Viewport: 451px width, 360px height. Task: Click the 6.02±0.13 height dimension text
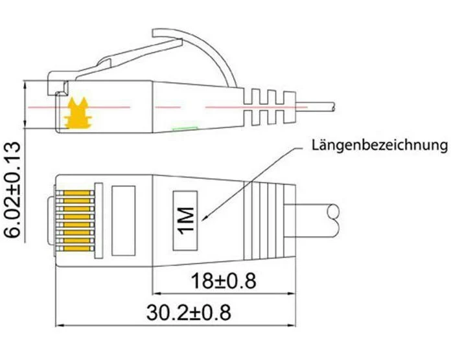pyautogui.click(x=12, y=190)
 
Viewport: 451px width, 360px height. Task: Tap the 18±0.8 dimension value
pyautogui.click(x=224, y=281)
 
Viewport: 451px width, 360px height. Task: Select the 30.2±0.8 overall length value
pyautogui.click(x=189, y=313)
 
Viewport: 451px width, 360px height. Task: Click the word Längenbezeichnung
pyautogui.click(x=380, y=145)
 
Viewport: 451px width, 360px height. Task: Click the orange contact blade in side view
pyautogui.click(x=78, y=113)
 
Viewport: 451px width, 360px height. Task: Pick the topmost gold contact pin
pyautogui.click(x=77, y=193)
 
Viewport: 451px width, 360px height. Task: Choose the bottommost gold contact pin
pyautogui.click(x=77, y=249)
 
